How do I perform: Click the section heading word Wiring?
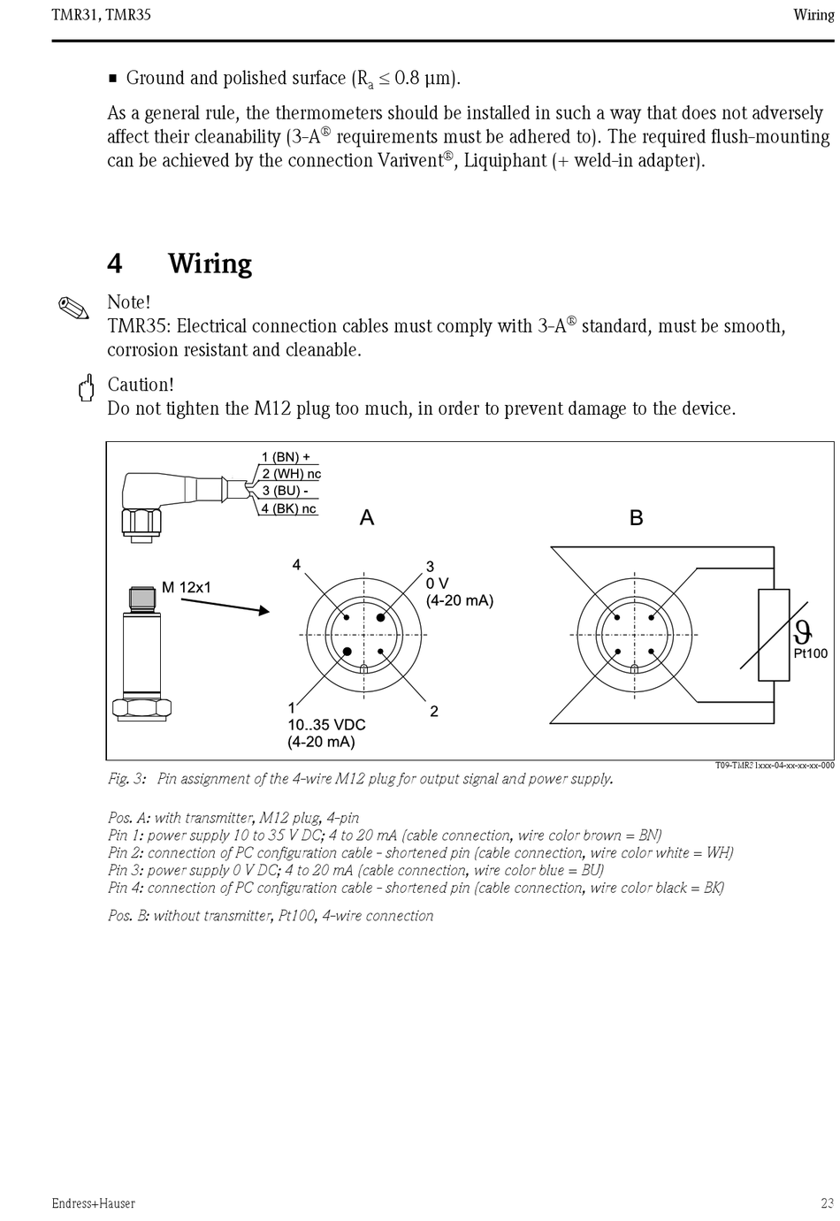point(210,263)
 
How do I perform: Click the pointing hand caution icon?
point(86,388)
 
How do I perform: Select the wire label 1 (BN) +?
point(285,457)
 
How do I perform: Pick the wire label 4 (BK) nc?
point(288,508)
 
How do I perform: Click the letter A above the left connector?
point(367,518)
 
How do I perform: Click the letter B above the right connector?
point(636,518)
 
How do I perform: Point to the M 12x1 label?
point(186,587)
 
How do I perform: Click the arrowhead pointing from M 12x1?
point(263,610)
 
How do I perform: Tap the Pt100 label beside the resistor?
point(810,653)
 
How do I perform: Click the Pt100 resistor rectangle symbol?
point(774,635)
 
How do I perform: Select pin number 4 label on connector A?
point(296,565)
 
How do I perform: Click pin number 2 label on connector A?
point(433,712)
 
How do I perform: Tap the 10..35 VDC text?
point(326,725)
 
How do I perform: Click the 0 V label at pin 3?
point(437,584)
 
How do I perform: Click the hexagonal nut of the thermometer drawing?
point(141,707)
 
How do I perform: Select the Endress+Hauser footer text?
point(93,1203)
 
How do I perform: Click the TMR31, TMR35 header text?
point(101,15)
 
